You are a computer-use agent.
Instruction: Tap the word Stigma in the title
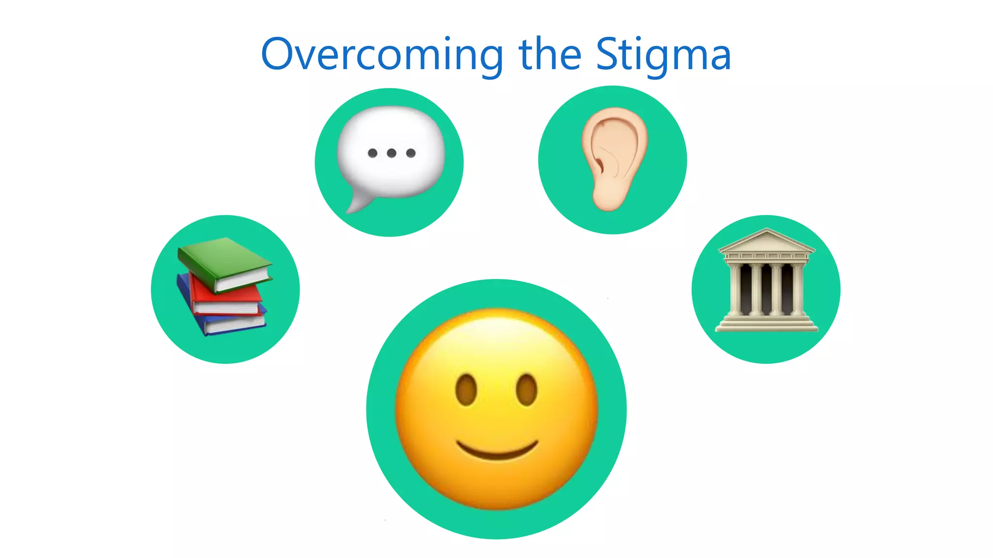click(663, 55)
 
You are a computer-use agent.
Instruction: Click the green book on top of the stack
click(224, 262)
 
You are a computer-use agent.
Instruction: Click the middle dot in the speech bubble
click(392, 153)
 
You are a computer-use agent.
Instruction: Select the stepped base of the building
click(767, 324)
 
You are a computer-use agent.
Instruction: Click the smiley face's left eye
click(466, 390)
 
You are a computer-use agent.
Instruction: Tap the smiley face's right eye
click(527, 390)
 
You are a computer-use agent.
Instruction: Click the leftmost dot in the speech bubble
click(372, 153)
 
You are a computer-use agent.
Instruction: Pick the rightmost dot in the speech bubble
click(411, 153)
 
